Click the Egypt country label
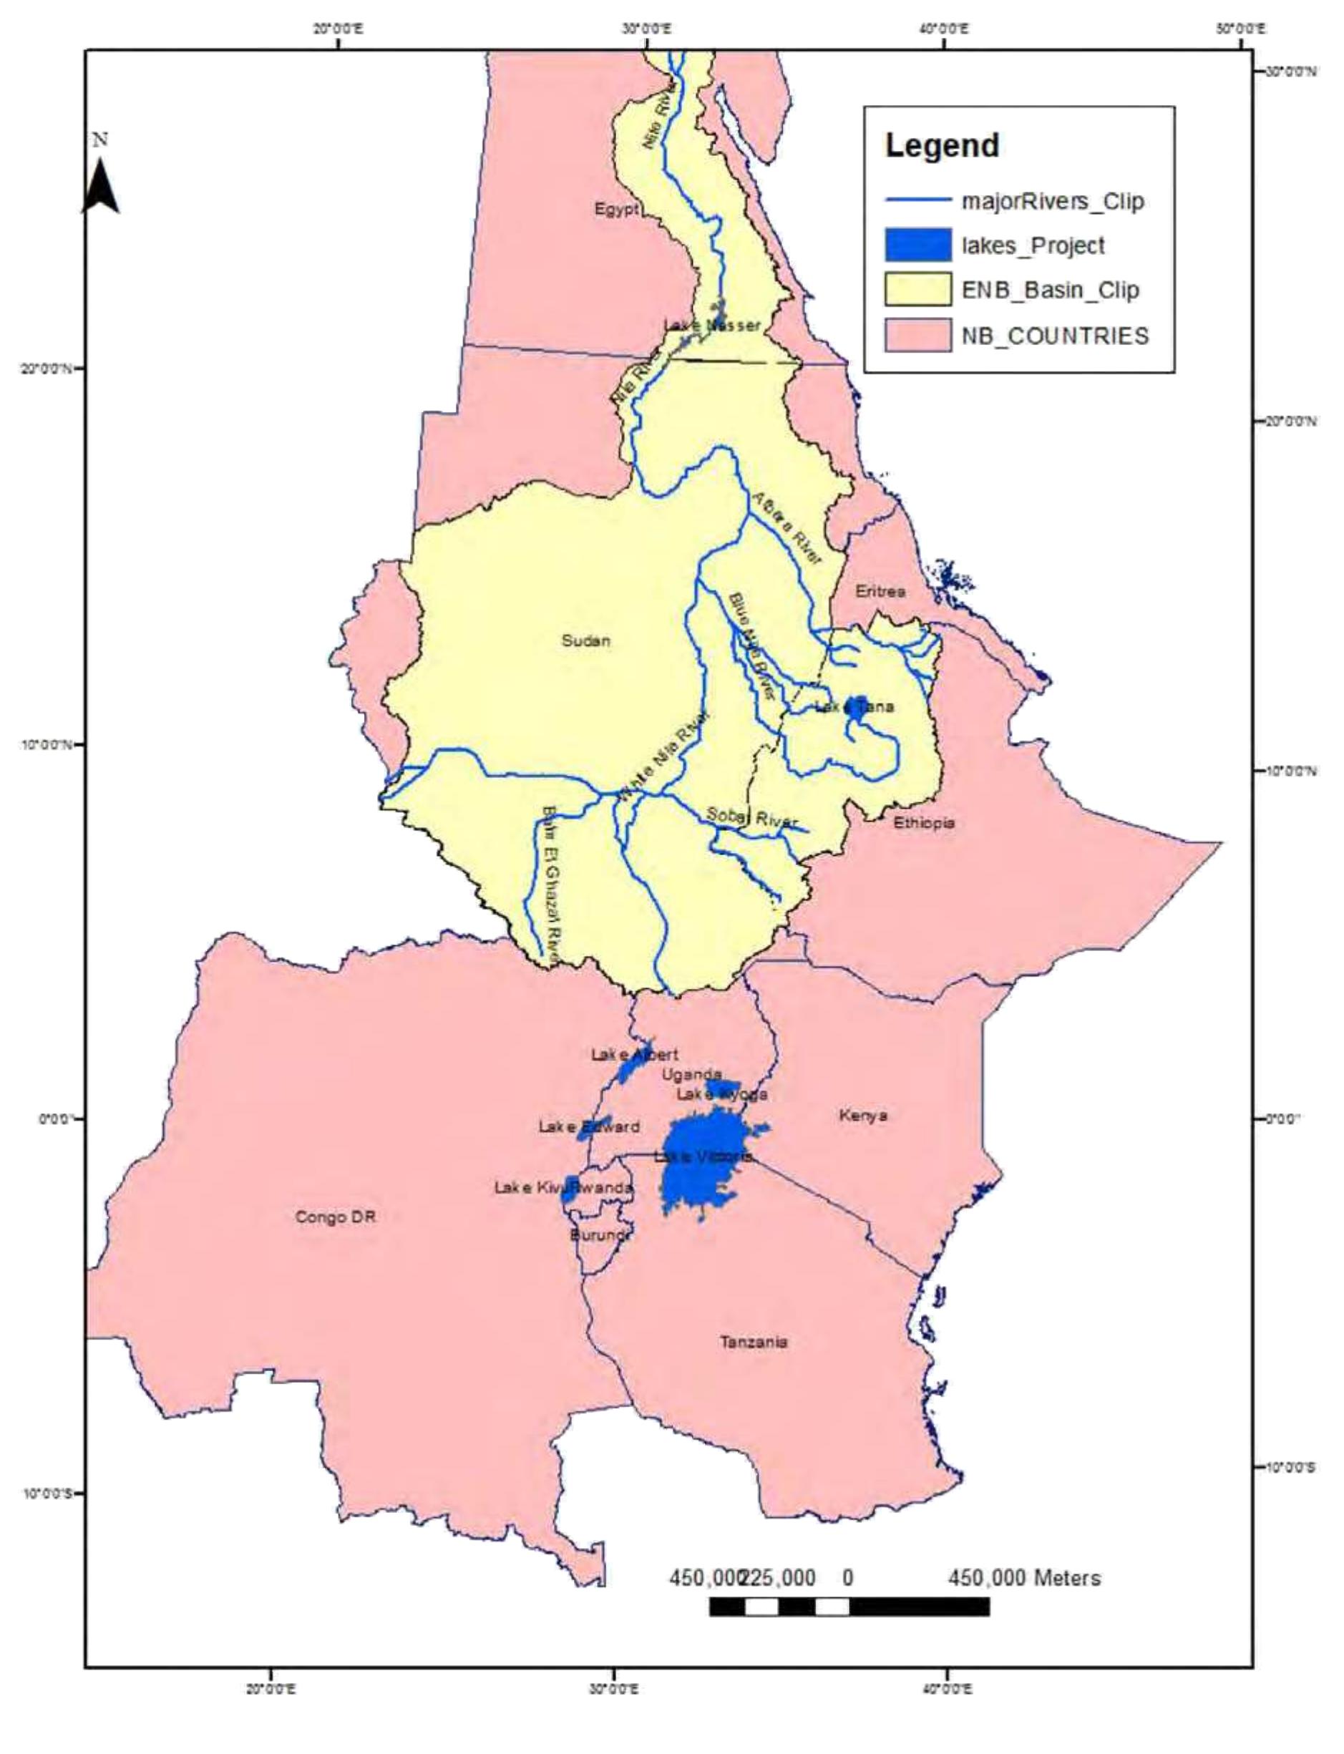click(616, 209)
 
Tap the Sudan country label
click(585, 640)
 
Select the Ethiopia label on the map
click(924, 822)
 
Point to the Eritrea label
click(880, 591)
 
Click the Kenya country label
click(863, 1115)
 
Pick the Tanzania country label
click(754, 1341)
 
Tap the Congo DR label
click(334, 1217)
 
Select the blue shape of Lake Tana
click(857, 708)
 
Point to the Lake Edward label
click(589, 1127)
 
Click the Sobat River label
click(751, 817)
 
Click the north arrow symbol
click(101, 185)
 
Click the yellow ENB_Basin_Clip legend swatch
click(917, 290)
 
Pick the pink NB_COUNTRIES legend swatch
click(917, 335)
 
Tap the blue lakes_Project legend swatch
click(917, 245)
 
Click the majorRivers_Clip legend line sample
click(917, 200)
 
